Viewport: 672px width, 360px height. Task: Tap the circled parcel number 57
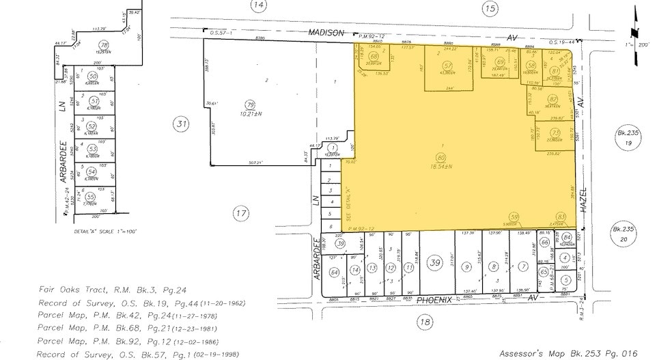tap(448, 66)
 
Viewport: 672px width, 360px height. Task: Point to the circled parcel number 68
tap(374, 56)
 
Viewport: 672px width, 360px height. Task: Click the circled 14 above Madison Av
tap(257, 6)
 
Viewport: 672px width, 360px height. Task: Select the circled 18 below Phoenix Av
tap(425, 322)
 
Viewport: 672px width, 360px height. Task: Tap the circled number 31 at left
tap(181, 124)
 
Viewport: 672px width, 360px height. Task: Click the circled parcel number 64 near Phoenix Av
tap(335, 272)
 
